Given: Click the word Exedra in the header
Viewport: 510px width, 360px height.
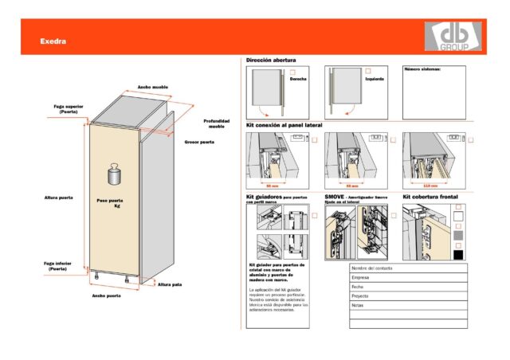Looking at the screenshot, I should click(53, 41).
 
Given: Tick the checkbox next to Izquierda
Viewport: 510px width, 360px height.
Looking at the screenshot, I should click(368, 72).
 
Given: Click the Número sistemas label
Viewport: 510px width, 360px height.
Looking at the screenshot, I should click(422, 69).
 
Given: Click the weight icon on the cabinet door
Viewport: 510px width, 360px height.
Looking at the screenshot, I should click(112, 175).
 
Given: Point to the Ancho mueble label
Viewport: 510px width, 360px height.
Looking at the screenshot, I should click(151, 87).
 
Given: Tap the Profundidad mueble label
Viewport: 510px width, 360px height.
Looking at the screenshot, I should click(216, 123).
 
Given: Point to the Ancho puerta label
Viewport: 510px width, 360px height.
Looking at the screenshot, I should click(106, 295).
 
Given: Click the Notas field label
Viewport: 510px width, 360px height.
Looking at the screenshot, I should click(358, 305).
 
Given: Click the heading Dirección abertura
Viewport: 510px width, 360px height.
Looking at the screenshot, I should click(271, 61).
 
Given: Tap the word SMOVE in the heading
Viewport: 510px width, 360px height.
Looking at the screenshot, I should click(334, 196).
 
